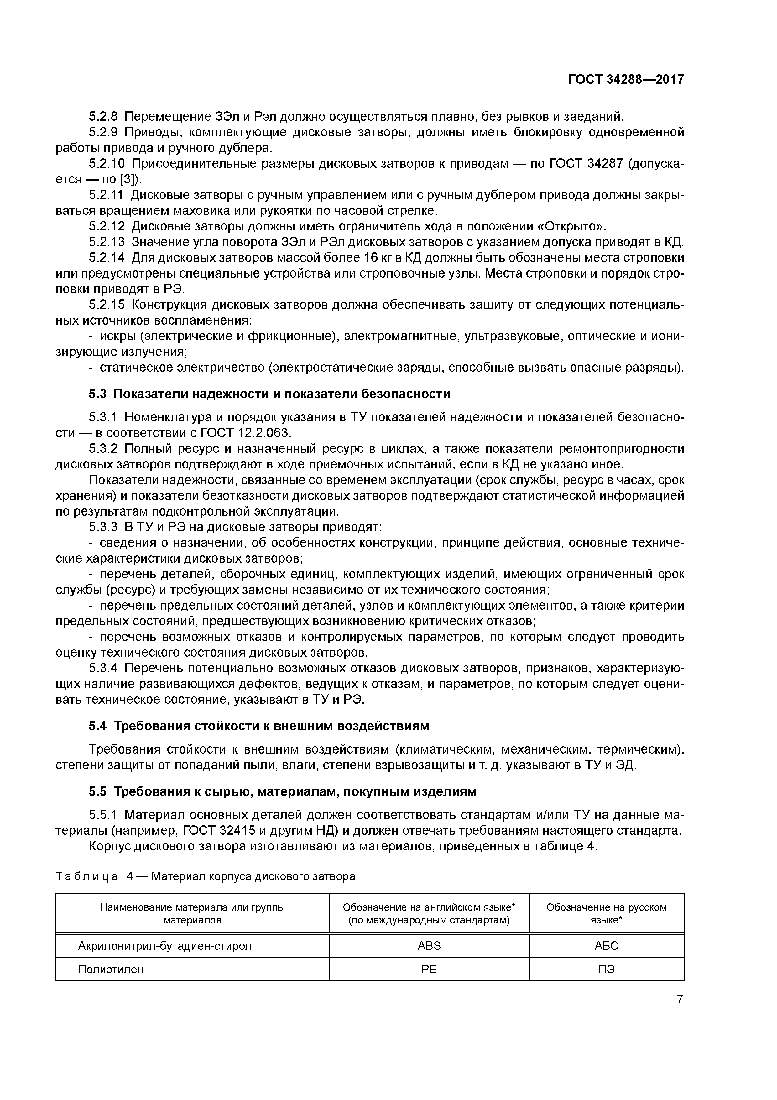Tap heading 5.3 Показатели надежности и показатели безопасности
coord(269,394)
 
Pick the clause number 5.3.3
coord(103,527)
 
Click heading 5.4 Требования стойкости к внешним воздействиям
coord(258,726)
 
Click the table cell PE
coord(429,969)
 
